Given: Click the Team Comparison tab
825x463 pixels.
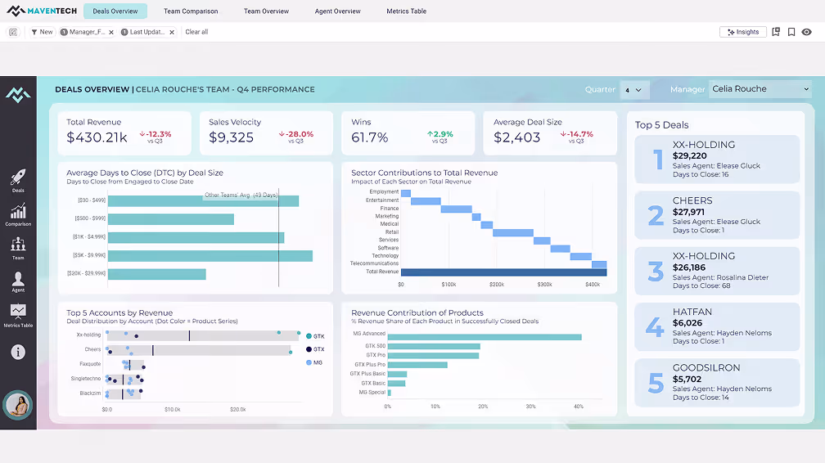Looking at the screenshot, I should pyautogui.click(x=191, y=11).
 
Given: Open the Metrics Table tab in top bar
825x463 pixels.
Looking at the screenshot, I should pyautogui.click(x=406, y=11).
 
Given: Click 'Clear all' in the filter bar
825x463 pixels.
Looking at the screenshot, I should pyautogui.click(x=196, y=32).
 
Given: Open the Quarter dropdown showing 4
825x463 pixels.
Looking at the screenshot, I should pyautogui.click(x=635, y=89).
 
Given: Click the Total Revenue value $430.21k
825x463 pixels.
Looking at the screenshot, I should pyautogui.click(x=97, y=137).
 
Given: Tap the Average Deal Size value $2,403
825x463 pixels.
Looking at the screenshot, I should pyautogui.click(x=517, y=137).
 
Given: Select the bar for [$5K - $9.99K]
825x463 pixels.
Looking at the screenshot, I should pyautogui.click(x=210, y=256).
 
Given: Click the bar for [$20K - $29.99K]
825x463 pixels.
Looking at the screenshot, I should pyautogui.click(x=157, y=274).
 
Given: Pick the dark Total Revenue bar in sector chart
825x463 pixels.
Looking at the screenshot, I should pyautogui.click(x=503, y=272).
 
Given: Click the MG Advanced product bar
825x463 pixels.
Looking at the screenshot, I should pyautogui.click(x=485, y=336).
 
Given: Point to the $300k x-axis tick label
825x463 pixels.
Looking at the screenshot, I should pyautogui.click(x=544, y=285).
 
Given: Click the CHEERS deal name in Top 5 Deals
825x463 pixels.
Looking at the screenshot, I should pyautogui.click(x=692, y=200).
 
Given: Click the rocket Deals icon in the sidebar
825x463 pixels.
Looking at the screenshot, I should pyautogui.click(x=18, y=178).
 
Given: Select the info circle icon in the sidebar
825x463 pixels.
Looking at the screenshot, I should pyautogui.click(x=18, y=353).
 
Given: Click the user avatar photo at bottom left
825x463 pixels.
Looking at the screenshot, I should pyautogui.click(x=18, y=405).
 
